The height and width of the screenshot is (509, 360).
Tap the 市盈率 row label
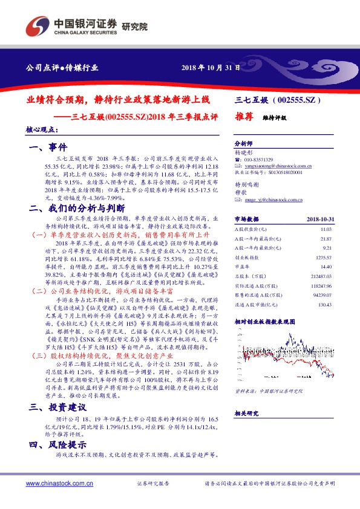pos(242,283)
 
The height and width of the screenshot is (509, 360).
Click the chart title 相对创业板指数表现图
pos(264,339)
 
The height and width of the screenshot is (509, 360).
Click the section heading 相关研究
pos(246,413)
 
